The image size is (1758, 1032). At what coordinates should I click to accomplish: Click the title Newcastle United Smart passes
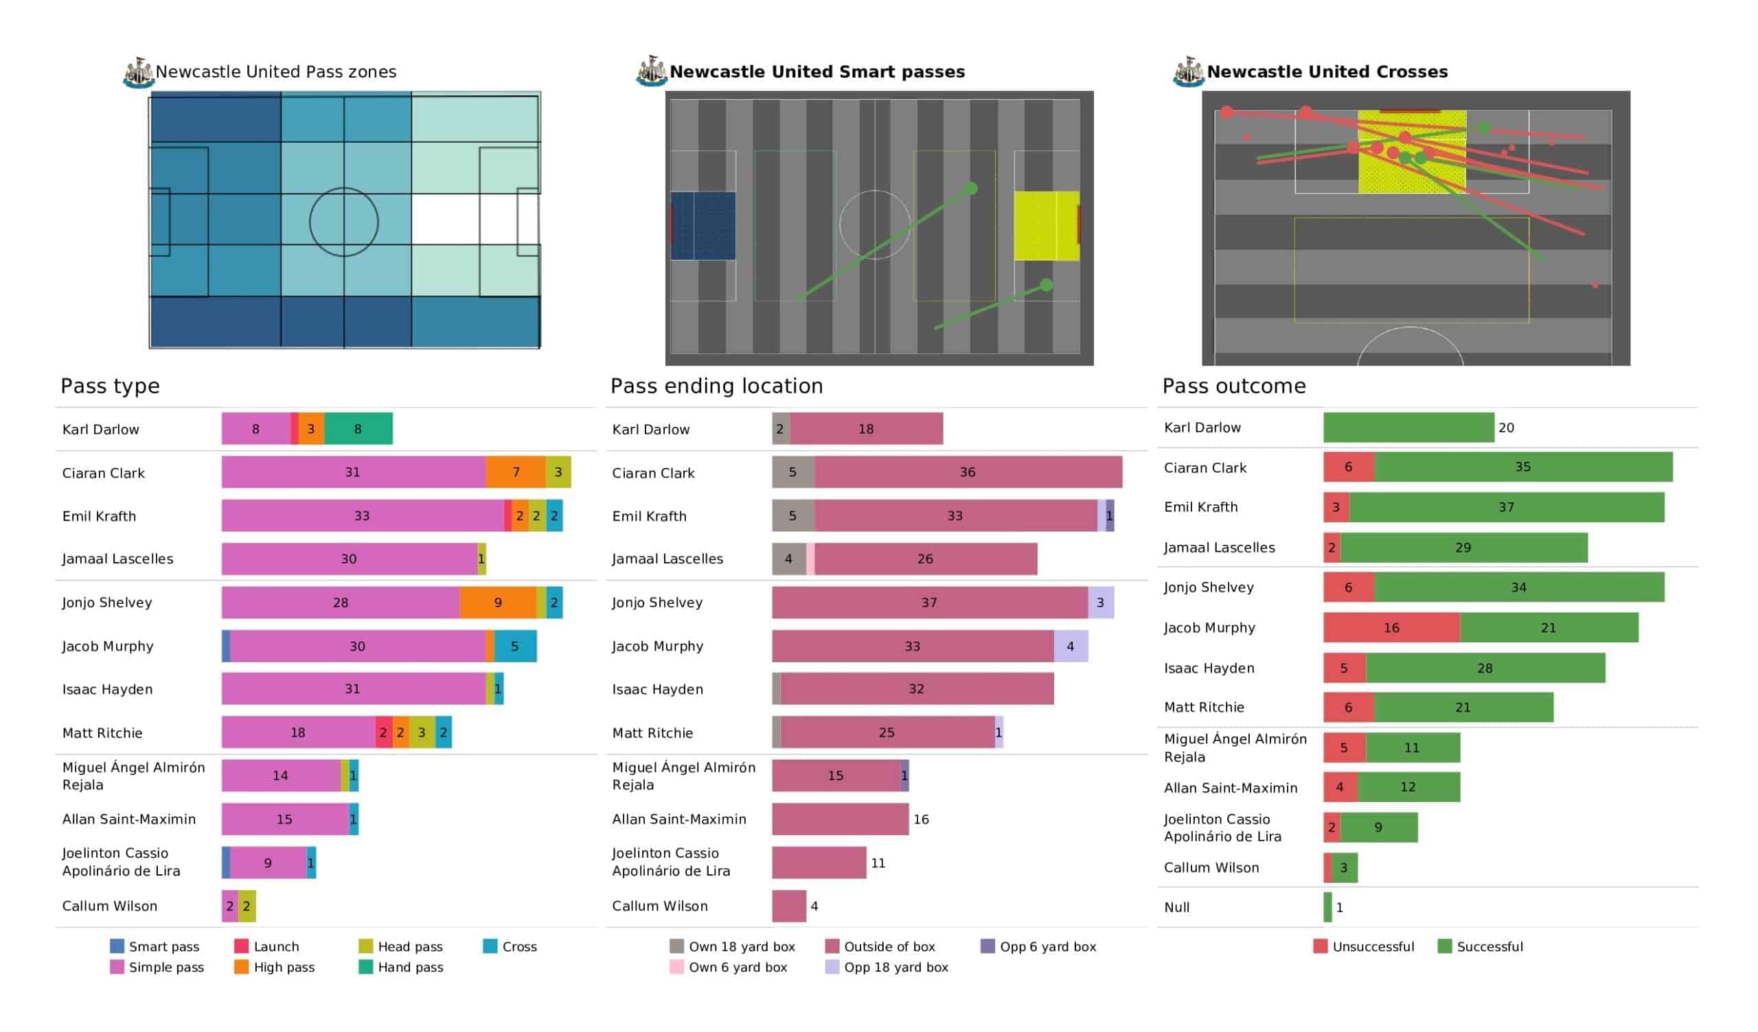pyautogui.click(x=817, y=72)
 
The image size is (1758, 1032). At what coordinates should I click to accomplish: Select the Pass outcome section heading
pyautogui.click(x=1233, y=386)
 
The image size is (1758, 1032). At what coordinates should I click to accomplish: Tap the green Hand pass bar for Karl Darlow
pyautogui.click(x=358, y=429)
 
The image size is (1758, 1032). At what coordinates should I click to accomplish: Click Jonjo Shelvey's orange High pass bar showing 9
pyautogui.click(x=498, y=602)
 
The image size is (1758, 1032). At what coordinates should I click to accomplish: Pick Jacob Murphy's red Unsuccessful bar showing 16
pyautogui.click(x=1392, y=628)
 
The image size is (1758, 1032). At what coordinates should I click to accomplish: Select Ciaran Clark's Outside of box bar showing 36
pyautogui.click(x=968, y=472)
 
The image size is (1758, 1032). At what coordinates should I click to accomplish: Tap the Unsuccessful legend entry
pyautogui.click(x=1364, y=946)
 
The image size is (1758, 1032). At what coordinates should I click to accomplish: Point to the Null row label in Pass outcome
pyautogui.click(x=1177, y=907)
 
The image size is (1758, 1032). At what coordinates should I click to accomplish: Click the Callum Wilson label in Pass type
pyautogui.click(x=109, y=906)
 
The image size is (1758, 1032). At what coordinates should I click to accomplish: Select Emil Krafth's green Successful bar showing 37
pyautogui.click(x=1507, y=507)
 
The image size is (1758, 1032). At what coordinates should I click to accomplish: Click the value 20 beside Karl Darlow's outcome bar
pyautogui.click(x=1506, y=427)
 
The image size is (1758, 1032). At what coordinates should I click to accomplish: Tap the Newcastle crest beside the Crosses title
pyautogui.click(x=1188, y=72)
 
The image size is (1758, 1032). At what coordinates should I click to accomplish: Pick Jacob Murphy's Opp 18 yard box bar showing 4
pyautogui.click(x=1071, y=646)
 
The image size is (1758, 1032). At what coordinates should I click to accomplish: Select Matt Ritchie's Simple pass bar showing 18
pyautogui.click(x=299, y=732)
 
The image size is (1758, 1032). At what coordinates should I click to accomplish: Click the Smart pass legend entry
pyautogui.click(x=155, y=946)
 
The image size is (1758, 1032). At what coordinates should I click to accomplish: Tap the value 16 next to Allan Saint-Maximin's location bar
pyautogui.click(x=921, y=819)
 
